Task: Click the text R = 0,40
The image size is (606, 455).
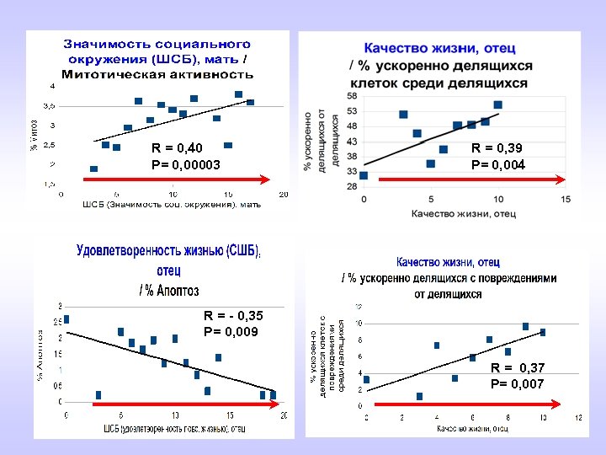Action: click(177, 149)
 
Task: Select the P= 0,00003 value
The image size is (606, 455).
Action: click(185, 165)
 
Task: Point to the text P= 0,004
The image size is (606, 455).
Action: click(497, 165)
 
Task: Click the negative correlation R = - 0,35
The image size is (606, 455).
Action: click(233, 316)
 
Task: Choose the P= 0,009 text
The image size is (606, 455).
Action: click(231, 332)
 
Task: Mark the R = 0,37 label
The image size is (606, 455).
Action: click(518, 368)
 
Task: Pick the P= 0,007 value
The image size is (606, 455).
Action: click(517, 384)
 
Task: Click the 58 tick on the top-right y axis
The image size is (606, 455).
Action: click(351, 97)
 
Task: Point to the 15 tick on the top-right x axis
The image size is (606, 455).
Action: click(565, 200)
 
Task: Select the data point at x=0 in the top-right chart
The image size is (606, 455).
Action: click(364, 175)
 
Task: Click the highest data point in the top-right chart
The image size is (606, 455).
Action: click(497, 105)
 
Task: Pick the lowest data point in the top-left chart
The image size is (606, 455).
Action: click(93, 169)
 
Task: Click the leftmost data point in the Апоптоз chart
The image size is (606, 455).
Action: click(66, 319)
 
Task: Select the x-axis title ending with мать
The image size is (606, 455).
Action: click(172, 205)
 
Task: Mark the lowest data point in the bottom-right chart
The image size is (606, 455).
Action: click(419, 396)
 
